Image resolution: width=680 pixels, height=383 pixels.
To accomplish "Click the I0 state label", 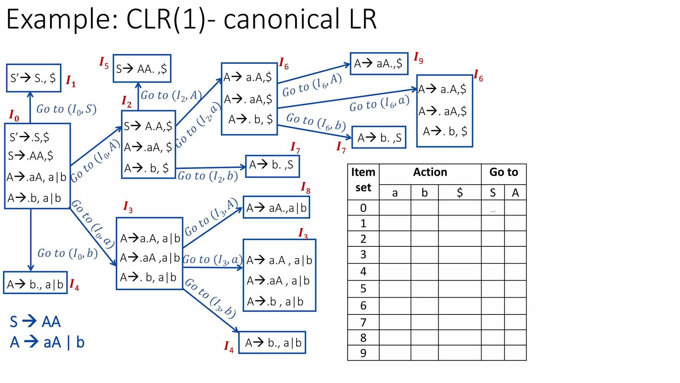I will [x=14, y=115].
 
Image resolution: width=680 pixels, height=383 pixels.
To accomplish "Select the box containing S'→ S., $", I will [x=34, y=78].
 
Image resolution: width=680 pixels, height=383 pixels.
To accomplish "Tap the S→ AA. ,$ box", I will [x=142, y=68].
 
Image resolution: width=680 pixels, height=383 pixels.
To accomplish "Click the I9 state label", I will [x=418, y=58].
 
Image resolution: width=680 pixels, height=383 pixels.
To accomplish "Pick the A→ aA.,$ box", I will [x=379, y=64].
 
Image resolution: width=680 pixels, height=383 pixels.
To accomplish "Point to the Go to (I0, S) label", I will [x=66, y=109].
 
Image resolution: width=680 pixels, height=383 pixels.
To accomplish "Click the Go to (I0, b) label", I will [x=67, y=253].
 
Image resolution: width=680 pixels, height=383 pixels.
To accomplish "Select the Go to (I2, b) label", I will [x=208, y=176].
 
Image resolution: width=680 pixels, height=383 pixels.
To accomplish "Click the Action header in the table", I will [x=430, y=172].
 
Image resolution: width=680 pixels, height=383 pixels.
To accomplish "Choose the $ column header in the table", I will [x=460, y=192].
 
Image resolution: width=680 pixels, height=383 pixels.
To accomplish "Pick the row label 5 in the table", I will [x=363, y=289].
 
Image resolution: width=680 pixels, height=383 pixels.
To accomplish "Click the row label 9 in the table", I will [x=363, y=353].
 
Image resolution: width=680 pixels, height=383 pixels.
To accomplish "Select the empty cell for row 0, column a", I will [x=395, y=208].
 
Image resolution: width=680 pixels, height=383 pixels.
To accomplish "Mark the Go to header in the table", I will [x=503, y=172].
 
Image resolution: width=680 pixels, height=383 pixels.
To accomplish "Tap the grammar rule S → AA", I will [x=35, y=322].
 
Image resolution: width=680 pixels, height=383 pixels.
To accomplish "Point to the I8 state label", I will [x=305, y=188].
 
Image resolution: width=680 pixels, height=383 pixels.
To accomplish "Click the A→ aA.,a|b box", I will [x=276, y=207].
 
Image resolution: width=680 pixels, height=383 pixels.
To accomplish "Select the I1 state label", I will [x=71, y=81].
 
